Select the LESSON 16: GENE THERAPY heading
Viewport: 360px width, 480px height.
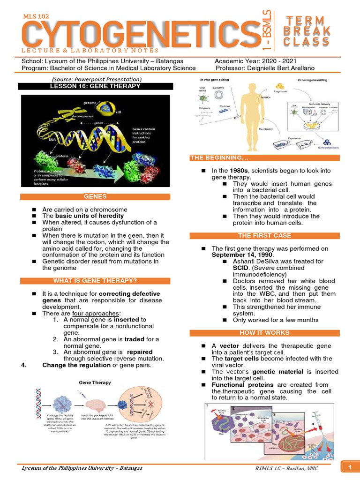[95, 86]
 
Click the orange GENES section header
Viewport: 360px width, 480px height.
[95, 197]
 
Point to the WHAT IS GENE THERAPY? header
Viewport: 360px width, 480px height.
[95, 281]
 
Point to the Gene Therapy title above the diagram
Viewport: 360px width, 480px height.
[94, 382]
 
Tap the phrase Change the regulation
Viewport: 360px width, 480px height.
[76, 365]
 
